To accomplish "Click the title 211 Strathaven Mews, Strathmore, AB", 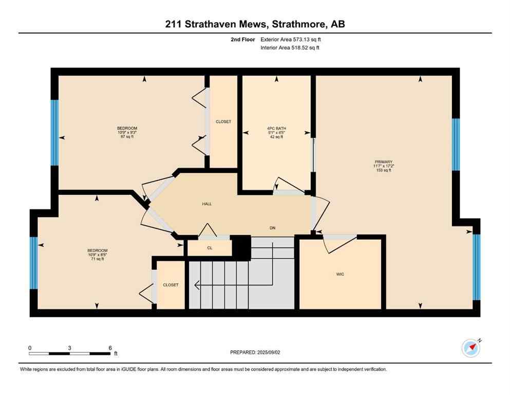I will [255, 24].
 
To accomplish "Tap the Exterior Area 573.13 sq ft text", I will [292, 39].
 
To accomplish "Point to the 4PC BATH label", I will [276, 128].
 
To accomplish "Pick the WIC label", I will [340, 274].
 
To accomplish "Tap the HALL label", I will [206, 204].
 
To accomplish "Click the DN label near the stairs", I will [273, 227].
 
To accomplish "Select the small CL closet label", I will [210, 248].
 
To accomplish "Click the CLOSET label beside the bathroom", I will [223, 122].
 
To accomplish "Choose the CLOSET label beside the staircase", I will [171, 284].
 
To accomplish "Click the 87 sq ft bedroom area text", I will [127, 137].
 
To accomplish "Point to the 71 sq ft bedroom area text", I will [97, 259].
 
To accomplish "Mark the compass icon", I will [470, 348].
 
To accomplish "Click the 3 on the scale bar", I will [69, 348].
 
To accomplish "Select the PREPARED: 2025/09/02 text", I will [256, 352].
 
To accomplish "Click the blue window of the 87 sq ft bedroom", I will [54, 132].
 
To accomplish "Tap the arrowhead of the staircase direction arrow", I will [197, 284].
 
